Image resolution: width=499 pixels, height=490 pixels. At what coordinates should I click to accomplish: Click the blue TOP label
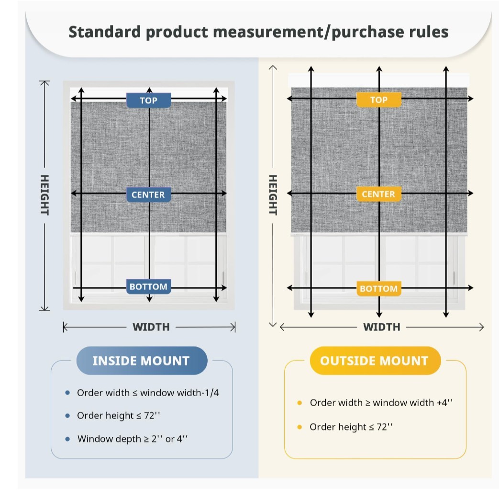(x=149, y=101)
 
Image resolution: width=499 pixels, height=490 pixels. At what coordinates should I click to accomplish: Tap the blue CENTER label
(x=149, y=194)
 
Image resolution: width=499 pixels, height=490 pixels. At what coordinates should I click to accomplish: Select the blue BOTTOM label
(x=149, y=286)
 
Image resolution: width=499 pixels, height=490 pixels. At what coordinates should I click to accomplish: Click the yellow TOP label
(x=379, y=100)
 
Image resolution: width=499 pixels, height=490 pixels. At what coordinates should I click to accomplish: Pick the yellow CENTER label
(x=379, y=194)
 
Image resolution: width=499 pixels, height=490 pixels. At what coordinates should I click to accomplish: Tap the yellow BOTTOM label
(x=379, y=289)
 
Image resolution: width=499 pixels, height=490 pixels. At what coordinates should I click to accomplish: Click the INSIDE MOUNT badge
(x=142, y=361)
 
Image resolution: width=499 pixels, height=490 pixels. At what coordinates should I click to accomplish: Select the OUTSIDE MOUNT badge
(x=375, y=361)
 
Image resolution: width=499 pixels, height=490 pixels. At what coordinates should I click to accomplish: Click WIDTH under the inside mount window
(x=151, y=327)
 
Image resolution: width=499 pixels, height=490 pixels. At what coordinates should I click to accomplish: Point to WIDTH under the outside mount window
(x=382, y=327)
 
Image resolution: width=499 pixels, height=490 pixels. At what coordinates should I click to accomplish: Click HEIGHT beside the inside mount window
(x=44, y=195)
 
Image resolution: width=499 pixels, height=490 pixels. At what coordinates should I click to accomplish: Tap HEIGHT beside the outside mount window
(x=273, y=195)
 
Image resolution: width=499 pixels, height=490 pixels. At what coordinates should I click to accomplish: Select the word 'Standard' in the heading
(x=104, y=32)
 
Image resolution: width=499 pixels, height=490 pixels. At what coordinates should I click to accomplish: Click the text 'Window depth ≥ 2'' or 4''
(x=133, y=439)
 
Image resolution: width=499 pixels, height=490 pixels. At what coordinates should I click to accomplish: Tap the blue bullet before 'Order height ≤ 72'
(x=67, y=416)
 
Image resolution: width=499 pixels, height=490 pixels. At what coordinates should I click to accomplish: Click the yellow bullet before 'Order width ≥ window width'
(x=299, y=403)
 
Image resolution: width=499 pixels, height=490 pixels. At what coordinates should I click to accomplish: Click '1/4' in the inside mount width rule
(x=211, y=392)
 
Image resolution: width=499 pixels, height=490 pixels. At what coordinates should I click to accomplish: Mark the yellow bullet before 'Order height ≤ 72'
(x=299, y=427)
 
